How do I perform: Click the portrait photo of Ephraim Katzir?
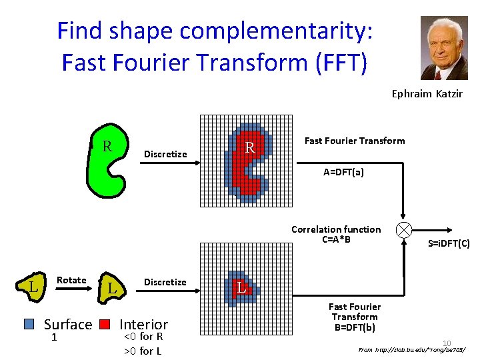[444, 48]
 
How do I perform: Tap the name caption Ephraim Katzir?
[427, 94]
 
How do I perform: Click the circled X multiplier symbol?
[404, 230]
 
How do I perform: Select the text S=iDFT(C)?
[449, 244]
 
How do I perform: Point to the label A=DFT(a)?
[343, 172]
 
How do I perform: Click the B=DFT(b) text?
[354, 327]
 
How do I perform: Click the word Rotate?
[71, 280]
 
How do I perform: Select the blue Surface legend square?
[29, 324]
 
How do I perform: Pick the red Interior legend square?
[104, 324]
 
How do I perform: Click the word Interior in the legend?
[144, 325]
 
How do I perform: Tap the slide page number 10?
[447, 343]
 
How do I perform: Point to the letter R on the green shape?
[106, 146]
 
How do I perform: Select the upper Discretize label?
[165, 154]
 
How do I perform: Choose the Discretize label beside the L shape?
[165, 282]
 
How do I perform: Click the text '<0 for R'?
[143, 337]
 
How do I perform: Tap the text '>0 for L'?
[143, 351]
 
